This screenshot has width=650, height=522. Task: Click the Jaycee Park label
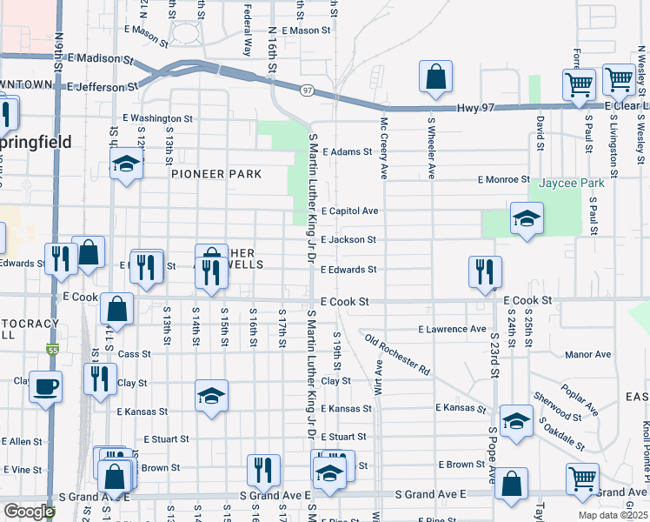[x=571, y=184]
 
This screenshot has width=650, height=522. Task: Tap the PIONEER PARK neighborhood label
[x=216, y=174]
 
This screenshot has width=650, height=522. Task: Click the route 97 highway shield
[x=308, y=90]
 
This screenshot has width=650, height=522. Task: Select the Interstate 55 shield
[x=51, y=349]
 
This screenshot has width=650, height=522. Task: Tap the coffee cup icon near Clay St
[x=46, y=387]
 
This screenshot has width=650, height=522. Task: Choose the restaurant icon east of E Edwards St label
[x=481, y=271]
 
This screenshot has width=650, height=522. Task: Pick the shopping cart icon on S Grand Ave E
[x=582, y=478]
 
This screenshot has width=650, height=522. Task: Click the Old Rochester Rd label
[x=398, y=354]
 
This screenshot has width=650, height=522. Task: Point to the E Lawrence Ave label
[x=452, y=330]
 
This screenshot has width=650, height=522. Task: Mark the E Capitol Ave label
[x=349, y=211]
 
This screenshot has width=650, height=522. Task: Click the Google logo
[x=29, y=512]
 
